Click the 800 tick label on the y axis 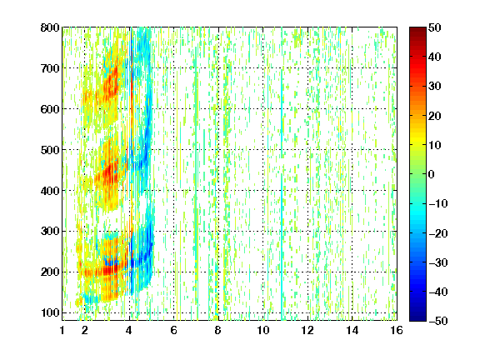click(x=50, y=27)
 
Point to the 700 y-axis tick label click(x=50, y=68)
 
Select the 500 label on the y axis click(x=50, y=150)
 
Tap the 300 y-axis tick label click(x=50, y=232)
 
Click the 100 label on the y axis click(x=50, y=312)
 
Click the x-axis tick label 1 click(x=62, y=330)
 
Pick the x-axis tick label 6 click(x=173, y=330)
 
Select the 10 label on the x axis click(x=263, y=330)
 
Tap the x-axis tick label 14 click(x=352, y=330)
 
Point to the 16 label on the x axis click(x=397, y=330)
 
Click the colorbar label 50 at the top click(x=435, y=27)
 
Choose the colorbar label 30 click(x=435, y=86)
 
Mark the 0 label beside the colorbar click(x=432, y=174)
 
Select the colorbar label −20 click(x=438, y=233)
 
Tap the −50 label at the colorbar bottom click(x=438, y=321)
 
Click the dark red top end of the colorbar click(x=417, y=29)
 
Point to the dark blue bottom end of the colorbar click(x=417, y=319)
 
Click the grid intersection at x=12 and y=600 click(x=307, y=109)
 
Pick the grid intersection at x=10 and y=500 click(x=263, y=150)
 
